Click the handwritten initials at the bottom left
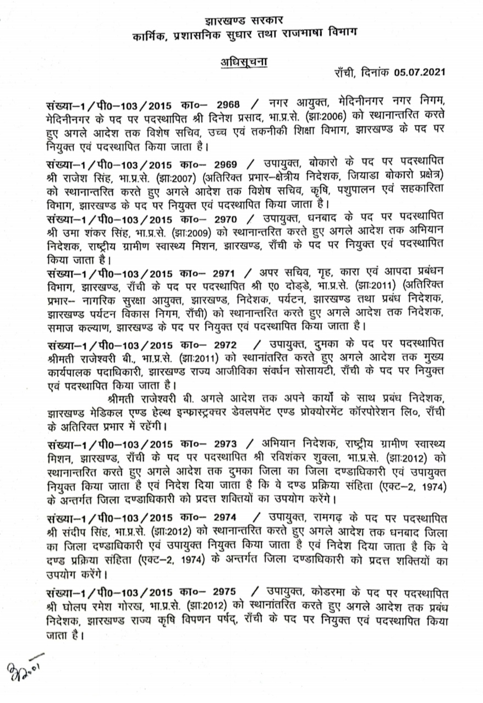point(25,670)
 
